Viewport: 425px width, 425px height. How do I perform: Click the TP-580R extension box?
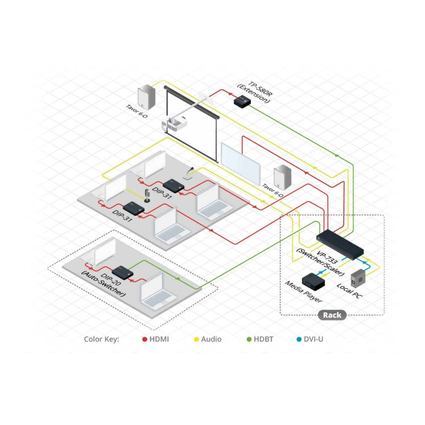pyautogui.click(x=242, y=102)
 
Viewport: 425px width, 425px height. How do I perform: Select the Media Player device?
pyautogui.click(x=313, y=282)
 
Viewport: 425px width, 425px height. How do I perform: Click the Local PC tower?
pyautogui.click(x=358, y=278)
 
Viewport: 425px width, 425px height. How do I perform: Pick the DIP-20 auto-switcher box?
pyautogui.click(x=122, y=273)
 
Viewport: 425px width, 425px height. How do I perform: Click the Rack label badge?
pyautogui.click(x=332, y=315)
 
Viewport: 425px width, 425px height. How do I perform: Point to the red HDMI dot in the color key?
pyautogui.click(x=145, y=339)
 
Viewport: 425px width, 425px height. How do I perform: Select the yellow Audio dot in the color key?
pyautogui.click(x=196, y=339)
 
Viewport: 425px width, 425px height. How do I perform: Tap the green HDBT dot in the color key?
pyautogui.click(x=249, y=339)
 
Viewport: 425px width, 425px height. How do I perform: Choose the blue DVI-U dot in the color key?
pyautogui.click(x=299, y=339)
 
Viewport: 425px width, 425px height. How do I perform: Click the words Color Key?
pyautogui.click(x=101, y=339)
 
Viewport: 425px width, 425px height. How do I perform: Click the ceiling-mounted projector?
pyautogui.click(x=174, y=123)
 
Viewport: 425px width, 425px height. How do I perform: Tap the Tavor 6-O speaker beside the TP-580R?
pyautogui.click(x=147, y=97)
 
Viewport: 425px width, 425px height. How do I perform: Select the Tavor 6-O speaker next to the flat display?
pyautogui.click(x=282, y=177)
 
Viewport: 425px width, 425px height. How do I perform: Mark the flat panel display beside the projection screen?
pyautogui.click(x=241, y=164)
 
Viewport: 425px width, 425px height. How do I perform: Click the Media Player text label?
pyautogui.click(x=304, y=292)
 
